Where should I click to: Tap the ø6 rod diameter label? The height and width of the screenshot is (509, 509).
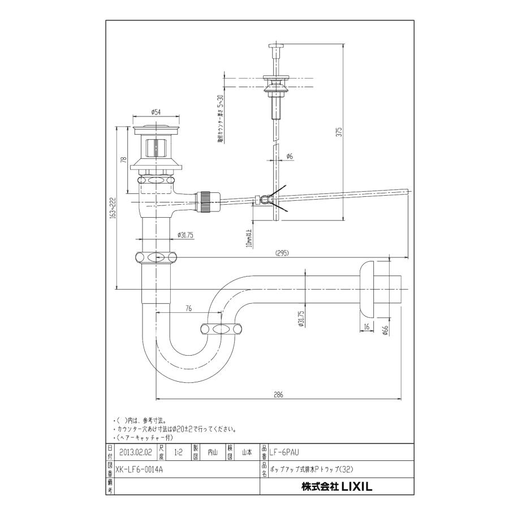(288, 156)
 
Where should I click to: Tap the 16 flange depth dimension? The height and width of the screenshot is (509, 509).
(367, 327)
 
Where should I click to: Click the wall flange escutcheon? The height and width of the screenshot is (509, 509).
(368, 289)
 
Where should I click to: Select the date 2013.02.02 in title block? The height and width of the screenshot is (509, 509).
(136, 452)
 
